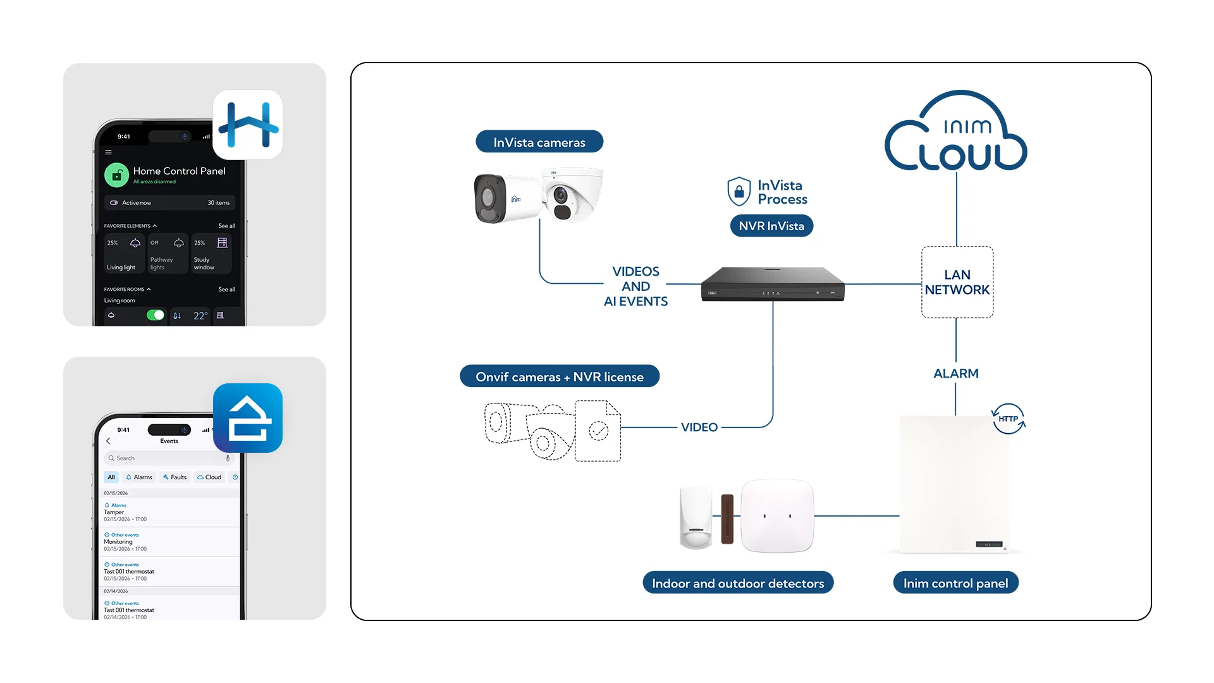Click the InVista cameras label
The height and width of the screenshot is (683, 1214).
[539, 142]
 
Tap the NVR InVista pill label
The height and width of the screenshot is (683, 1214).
[771, 226]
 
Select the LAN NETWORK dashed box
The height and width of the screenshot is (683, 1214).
[957, 282]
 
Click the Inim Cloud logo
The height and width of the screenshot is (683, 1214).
[955, 133]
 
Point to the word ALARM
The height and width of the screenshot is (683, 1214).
[955, 374]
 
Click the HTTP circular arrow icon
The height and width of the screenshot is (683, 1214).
[1008, 419]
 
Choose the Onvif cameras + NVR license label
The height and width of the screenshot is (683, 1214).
[559, 377]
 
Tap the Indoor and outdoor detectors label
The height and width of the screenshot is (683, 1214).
[738, 583]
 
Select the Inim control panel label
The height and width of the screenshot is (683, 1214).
[955, 583]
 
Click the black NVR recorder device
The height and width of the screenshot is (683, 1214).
[773, 285]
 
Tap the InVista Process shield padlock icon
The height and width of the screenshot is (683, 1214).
[739, 192]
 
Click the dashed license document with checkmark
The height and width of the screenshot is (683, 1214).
[598, 431]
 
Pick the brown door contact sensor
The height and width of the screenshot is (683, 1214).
[728, 519]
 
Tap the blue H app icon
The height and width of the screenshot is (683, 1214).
[248, 125]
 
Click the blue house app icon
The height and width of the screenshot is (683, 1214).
[248, 418]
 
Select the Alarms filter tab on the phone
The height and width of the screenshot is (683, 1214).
[139, 477]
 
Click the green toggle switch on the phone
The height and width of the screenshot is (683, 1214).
[155, 315]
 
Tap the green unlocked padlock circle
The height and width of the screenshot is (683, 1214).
[116, 175]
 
